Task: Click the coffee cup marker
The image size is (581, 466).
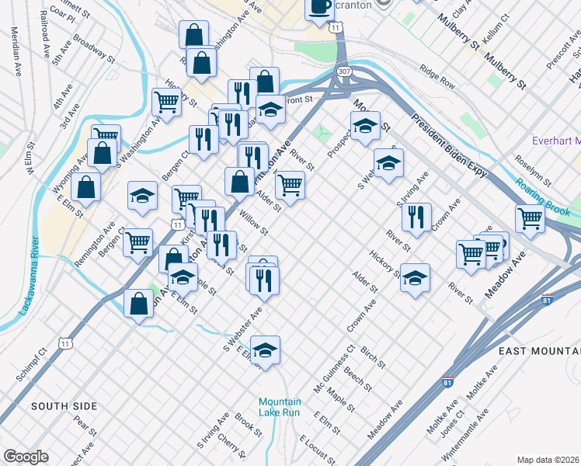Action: tap(318, 9)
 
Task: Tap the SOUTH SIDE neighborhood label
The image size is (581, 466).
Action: tap(64, 406)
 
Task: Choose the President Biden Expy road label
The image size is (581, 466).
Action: tap(449, 145)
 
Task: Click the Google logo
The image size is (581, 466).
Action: tap(25, 457)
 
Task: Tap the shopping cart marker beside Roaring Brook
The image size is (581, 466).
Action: tap(530, 220)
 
